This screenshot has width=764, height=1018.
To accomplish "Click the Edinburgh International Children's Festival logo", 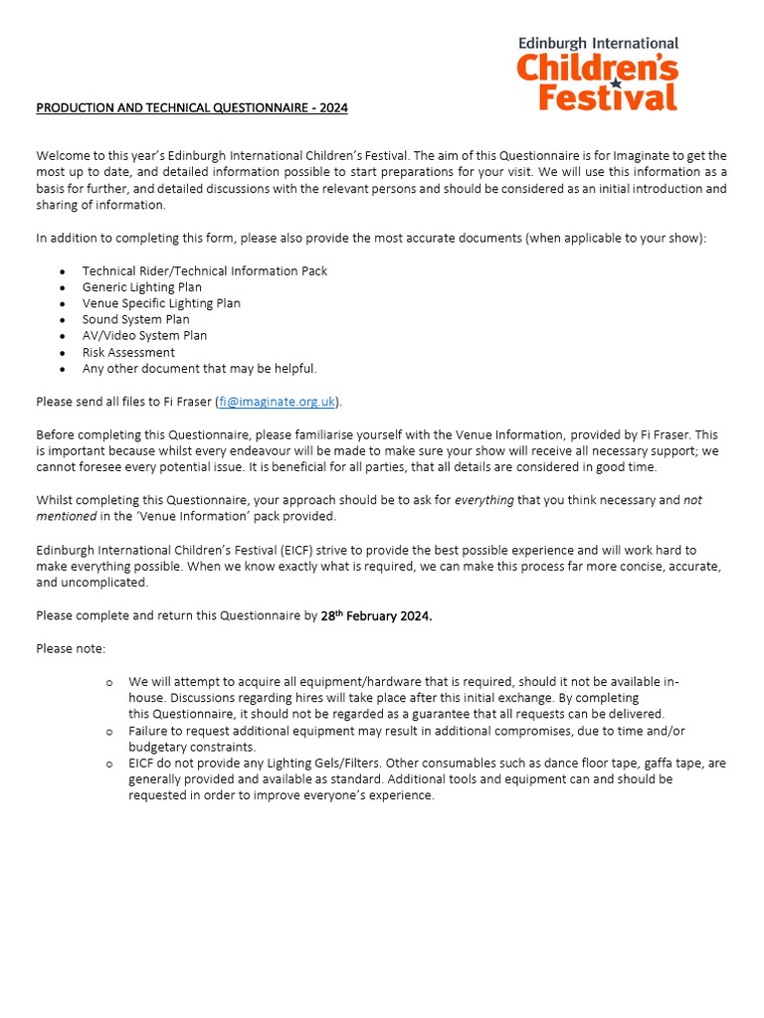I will coord(598,75).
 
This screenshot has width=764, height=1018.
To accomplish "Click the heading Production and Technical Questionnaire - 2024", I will coord(192,107).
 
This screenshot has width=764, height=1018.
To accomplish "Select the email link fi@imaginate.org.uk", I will coord(277,402).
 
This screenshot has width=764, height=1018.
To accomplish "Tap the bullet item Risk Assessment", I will coord(128,352).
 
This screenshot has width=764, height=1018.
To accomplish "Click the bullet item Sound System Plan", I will coord(135,319).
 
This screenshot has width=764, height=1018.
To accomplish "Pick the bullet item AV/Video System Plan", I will coord(144,336).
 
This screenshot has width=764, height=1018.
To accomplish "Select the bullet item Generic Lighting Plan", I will coord(141,287).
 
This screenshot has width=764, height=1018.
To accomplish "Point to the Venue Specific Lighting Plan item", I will coord(161,303).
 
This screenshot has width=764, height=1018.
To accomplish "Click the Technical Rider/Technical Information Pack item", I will coord(204,270).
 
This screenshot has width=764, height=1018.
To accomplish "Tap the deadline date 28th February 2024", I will coord(376,615).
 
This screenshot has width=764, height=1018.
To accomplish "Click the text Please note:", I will coord(71,648).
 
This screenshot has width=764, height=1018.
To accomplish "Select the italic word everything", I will coord(484,500).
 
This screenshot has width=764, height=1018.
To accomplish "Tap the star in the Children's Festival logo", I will coord(616,85).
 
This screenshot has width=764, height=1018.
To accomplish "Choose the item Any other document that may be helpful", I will coord(199,369).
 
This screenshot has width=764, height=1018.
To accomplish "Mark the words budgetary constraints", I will coord(192,747).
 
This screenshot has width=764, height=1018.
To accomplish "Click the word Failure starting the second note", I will coord(150,731).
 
